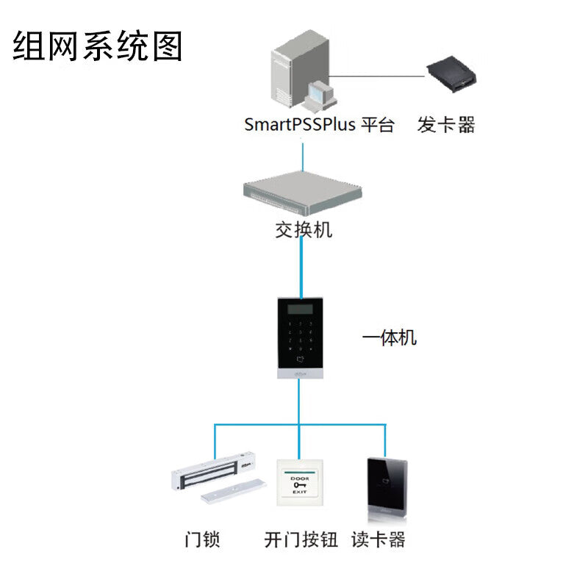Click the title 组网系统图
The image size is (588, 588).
(98, 46)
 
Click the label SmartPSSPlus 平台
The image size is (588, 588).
(319, 125)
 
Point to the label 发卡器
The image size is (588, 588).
(446, 125)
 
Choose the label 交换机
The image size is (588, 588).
(304, 230)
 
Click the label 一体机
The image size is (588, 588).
(390, 338)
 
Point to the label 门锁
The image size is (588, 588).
(202, 540)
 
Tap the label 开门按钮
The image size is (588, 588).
(301, 540)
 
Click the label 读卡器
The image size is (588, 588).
(379, 540)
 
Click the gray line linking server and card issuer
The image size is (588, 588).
(382, 74)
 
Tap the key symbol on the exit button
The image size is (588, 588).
(299, 484)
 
